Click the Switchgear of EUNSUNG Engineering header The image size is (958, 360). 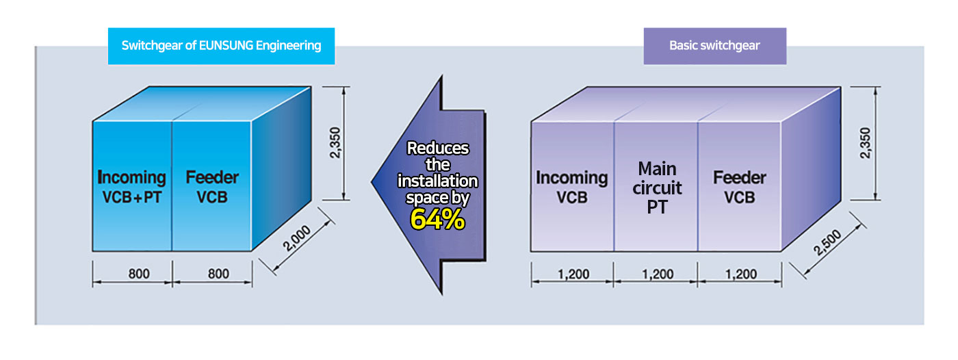point(221,46)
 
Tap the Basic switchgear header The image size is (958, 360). point(714,46)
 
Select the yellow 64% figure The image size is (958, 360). point(437,219)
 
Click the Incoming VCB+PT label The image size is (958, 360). point(131,187)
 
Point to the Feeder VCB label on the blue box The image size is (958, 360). point(212,187)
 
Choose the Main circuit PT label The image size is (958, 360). point(657,188)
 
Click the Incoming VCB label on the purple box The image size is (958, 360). point(572,188)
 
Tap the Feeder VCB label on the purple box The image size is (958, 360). point(740,188)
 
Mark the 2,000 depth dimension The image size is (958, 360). point(296,239)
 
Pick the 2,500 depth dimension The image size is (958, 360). point(827,242)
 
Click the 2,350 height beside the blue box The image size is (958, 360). point(335,143)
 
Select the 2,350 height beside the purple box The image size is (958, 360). point(865,143)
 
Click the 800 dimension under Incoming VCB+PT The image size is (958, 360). point(139,274)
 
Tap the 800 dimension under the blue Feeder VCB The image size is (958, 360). point(218,274)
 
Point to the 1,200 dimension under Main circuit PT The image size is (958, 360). point(658,274)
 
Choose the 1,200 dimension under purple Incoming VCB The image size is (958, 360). point(573,274)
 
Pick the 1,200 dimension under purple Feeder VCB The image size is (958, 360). point(741,274)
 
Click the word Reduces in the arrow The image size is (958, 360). point(437,148)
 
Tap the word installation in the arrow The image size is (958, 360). point(437,181)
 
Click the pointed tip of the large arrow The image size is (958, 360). point(371,181)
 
